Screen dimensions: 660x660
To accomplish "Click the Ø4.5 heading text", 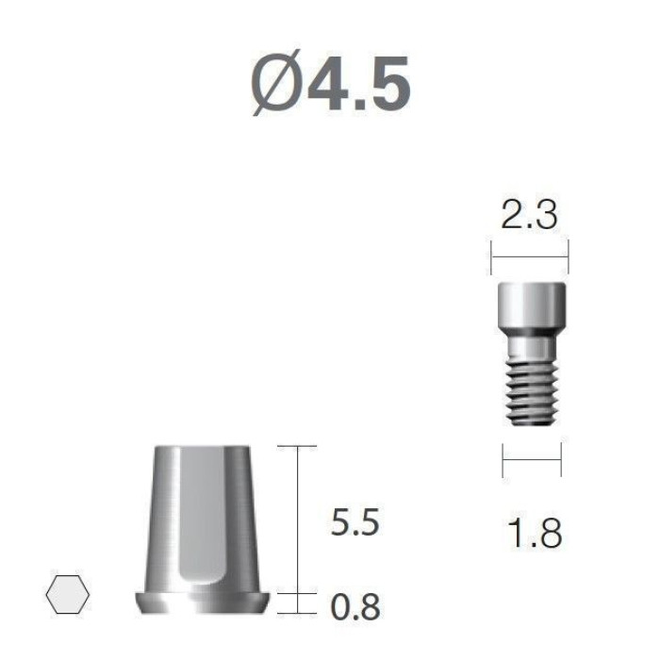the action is coord(331,83).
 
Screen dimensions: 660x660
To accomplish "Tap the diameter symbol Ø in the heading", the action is coord(277,83).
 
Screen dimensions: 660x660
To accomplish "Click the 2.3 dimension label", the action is coord(529,215).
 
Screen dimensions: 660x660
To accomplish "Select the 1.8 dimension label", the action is coord(535,533).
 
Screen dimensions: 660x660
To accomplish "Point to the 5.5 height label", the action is coord(355,522).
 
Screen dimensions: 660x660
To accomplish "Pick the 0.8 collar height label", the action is coord(355,607).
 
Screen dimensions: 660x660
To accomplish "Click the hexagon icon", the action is coord(67,594).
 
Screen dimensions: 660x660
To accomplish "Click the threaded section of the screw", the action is coord(532,390).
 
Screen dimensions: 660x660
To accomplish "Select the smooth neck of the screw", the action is coord(532,346).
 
